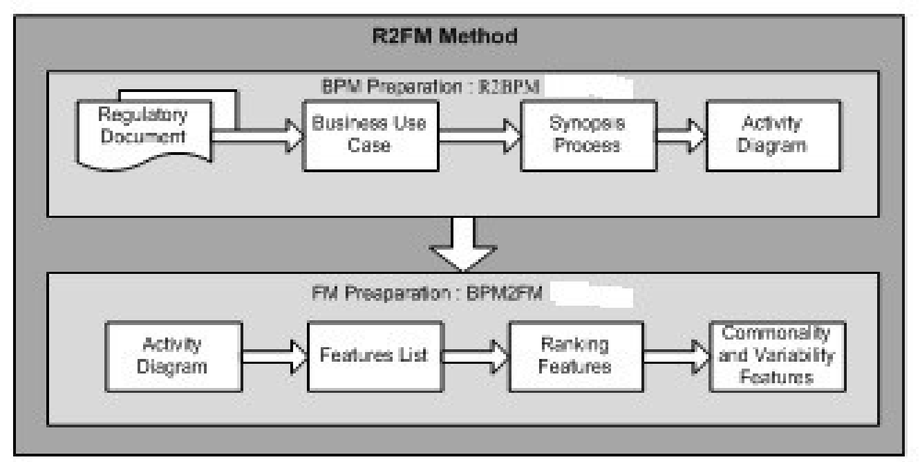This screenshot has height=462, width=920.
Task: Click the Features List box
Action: click(374, 356)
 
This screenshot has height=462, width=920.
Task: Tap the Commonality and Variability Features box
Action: click(777, 355)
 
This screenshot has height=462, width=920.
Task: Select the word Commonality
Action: click(777, 333)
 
